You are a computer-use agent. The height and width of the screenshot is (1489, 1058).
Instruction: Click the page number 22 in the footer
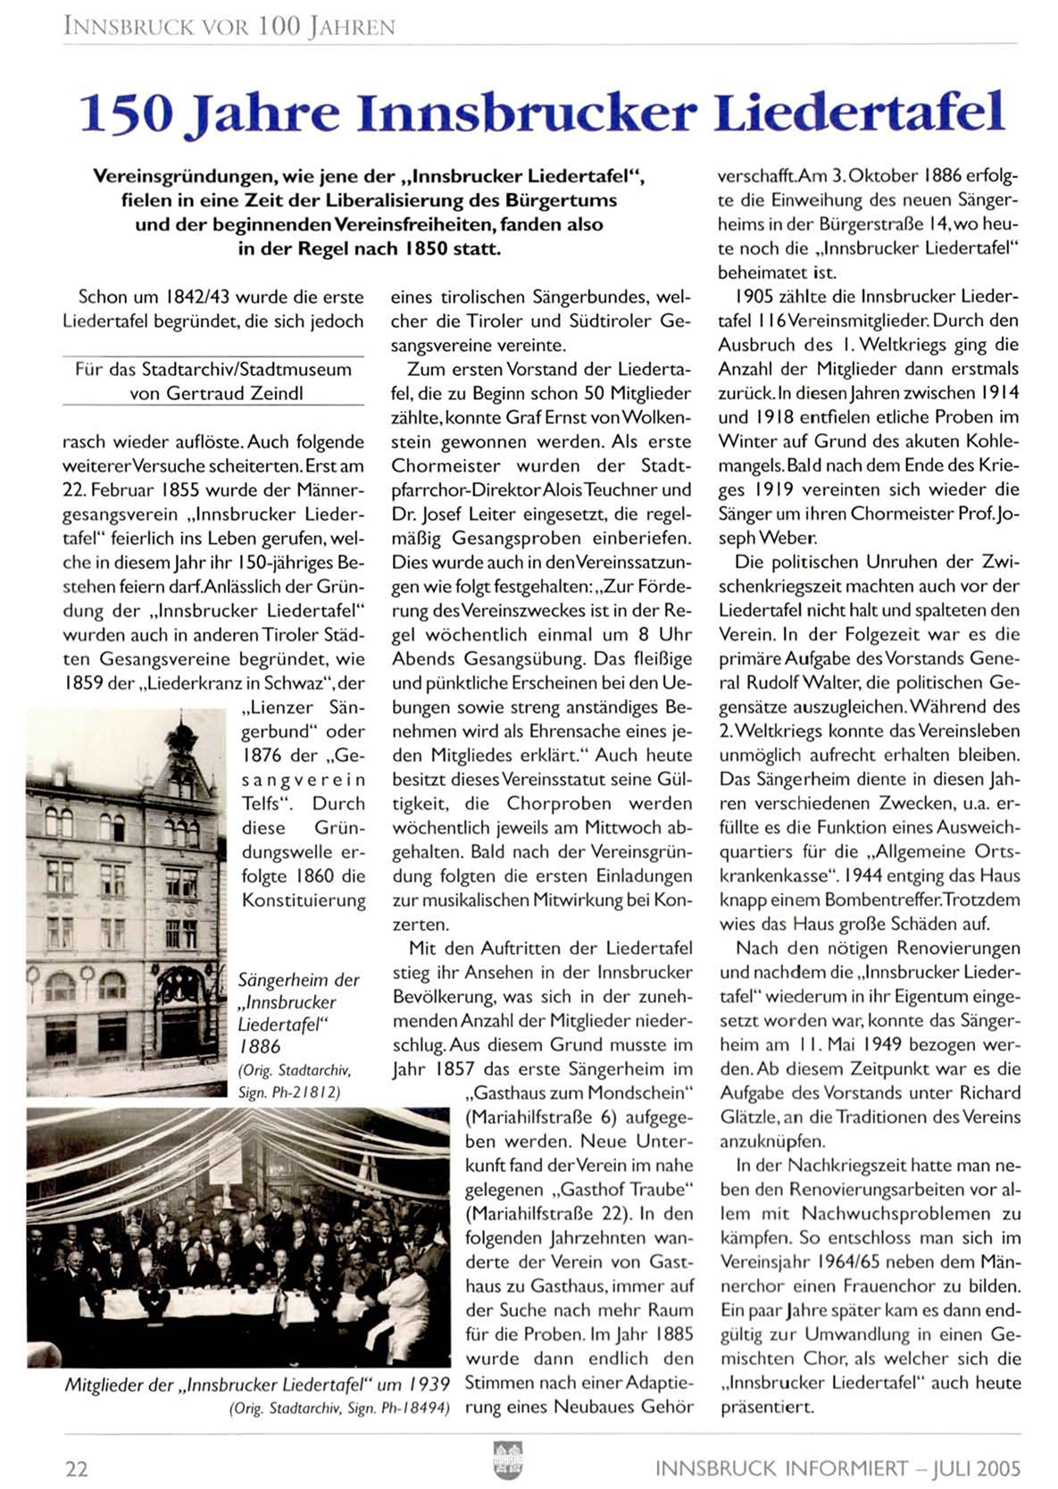click(76, 1468)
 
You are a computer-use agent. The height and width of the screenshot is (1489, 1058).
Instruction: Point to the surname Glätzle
click(748, 1117)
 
